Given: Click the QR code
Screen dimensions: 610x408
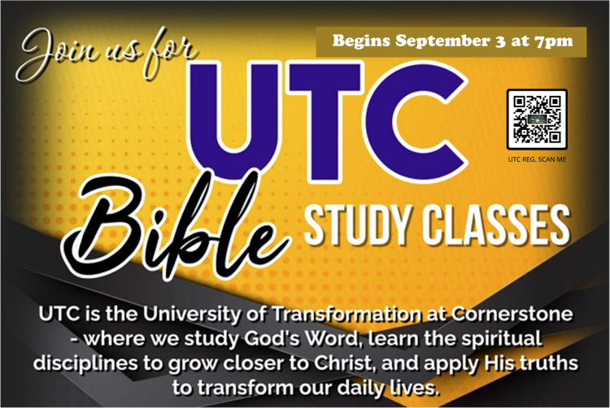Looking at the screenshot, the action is pos(537,119).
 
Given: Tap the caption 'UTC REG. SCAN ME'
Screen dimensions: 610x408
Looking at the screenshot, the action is pos(537,159).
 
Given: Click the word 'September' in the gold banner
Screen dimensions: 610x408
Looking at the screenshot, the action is pos(442,41).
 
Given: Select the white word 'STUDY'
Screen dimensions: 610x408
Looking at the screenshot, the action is pos(357,225).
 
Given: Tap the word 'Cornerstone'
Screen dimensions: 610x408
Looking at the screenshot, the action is pos(512,314).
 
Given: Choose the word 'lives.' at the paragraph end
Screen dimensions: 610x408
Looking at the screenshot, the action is pos(415,388).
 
